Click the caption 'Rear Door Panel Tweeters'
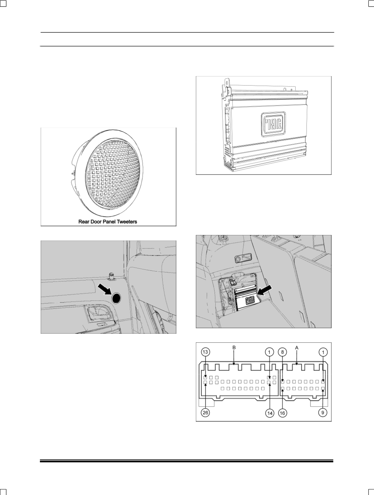[108, 222]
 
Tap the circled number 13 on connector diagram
[205, 352]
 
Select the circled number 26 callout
[205, 413]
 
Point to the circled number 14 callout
[270, 413]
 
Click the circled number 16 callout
[283, 413]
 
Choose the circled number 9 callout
[323, 413]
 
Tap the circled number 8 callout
[283, 352]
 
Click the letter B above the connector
[234, 348]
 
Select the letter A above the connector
[297, 348]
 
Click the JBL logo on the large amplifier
[273, 124]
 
